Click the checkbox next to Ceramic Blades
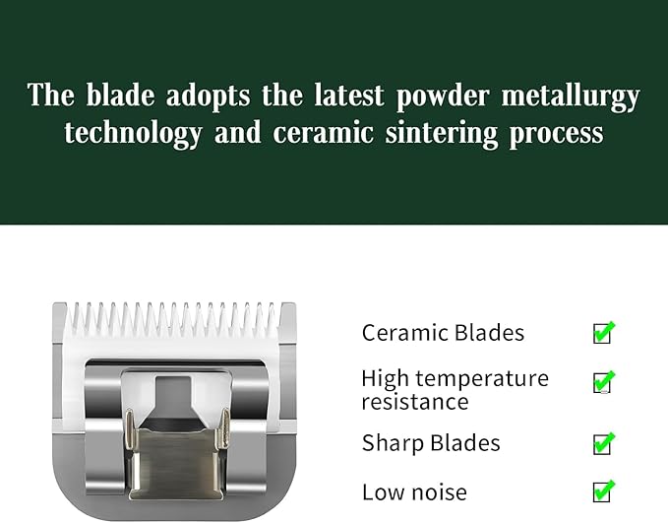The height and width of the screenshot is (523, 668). (x=603, y=333)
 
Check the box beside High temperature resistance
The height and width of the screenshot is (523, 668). (x=603, y=382)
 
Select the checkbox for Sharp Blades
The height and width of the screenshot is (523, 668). (x=603, y=443)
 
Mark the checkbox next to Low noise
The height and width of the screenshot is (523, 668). (x=603, y=490)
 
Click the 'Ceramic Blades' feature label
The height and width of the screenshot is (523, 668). (x=442, y=333)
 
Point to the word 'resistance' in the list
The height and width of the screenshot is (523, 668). (x=414, y=402)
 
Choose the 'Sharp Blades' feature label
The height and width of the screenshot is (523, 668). (x=431, y=443)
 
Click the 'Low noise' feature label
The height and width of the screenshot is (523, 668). (x=414, y=491)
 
